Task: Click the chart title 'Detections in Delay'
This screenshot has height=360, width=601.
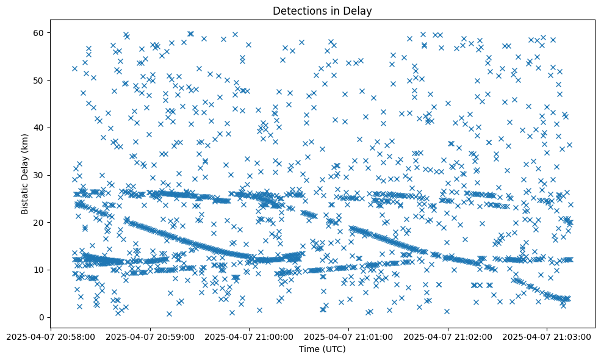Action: pos(322,11)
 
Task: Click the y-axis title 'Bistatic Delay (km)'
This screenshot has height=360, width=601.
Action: pos(25,173)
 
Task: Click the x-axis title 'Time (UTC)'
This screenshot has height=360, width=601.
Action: pos(322,349)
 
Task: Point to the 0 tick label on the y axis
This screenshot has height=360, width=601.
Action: pos(43,317)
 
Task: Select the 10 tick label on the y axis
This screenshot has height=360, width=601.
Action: pos(41,270)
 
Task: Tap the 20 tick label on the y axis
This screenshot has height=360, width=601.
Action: pos(41,222)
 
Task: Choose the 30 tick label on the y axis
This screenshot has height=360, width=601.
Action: pos(41,175)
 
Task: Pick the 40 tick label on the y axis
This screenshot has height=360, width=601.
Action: pos(41,128)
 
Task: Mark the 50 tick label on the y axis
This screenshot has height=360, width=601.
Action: pos(41,80)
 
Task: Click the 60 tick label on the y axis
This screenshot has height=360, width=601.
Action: pos(41,32)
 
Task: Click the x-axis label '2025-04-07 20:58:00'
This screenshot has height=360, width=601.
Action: pos(51,336)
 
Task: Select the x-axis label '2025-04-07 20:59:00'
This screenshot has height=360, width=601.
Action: pos(150,336)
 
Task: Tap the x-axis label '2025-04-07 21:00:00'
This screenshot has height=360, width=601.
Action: pos(250,336)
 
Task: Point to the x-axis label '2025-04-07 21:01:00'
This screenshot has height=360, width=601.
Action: pos(349,336)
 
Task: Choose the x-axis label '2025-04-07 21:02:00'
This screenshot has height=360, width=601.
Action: pos(448,336)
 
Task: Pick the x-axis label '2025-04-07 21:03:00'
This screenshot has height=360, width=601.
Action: pos(547,336)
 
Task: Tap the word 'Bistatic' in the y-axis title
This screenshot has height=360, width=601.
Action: pos(25,195)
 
